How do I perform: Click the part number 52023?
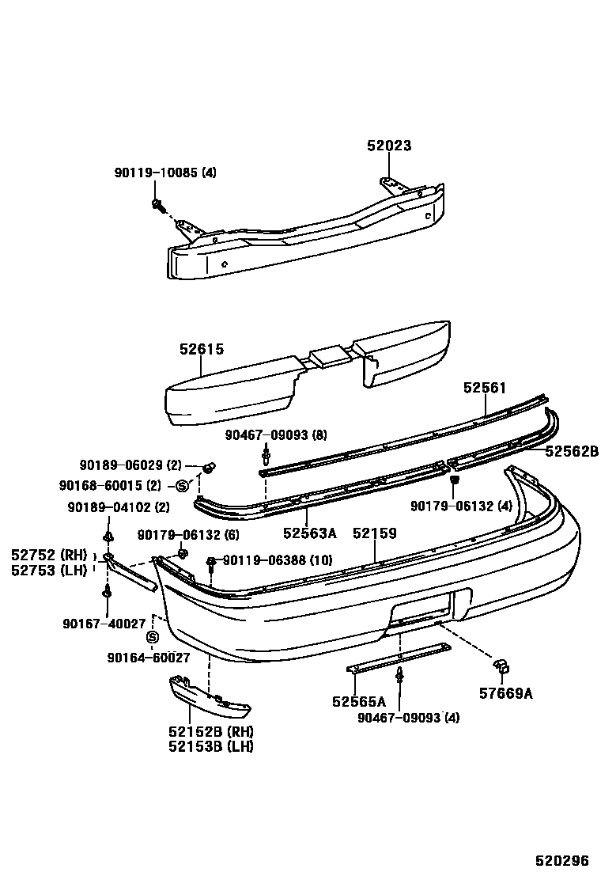pyautogui.click(x=389, y=146)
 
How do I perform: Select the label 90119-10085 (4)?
pyautogui.click(x=164, y=173)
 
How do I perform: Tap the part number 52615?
pyautogui.click(x=201, y=348)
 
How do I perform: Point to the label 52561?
pyautogui.click(x=484, y=388)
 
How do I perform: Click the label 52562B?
pyautogui.click(x=571, y=452)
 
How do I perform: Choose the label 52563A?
pyautogui.click(x=310, y=533)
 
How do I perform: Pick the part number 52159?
pyautogui.click(x=375, y=533)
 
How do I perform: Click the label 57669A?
pyautogui.click(x=505, y=694)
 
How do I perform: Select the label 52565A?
pyautogui.click(x=359, y=701)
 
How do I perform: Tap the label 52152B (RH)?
pyautogui.click(x=210, y=731)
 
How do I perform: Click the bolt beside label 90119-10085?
pyautogui.click(x=157, y=206)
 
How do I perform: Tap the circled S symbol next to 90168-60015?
pyautogui.click(x=182, y=485)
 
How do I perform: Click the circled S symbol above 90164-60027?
pyautogui.click(x=153, y=637)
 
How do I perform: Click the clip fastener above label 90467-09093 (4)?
pyautogui.click(x=399, y=675)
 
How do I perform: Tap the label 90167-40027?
pyautogui.click(x=105, y=624)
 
